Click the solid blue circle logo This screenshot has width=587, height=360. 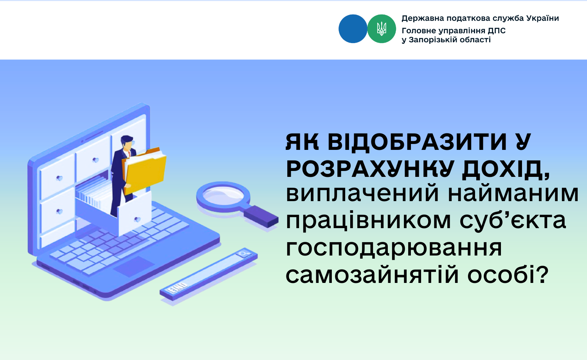tap(353, 29)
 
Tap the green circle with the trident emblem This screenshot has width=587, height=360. tap(382, 29)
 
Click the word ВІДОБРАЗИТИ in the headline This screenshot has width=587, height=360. tap(417, 142)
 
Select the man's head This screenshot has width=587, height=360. tap(127, 143)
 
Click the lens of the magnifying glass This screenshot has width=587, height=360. tap(223, 196)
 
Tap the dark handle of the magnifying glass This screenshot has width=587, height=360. tap(261, 216)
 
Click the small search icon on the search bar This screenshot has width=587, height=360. tap(243, 253)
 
